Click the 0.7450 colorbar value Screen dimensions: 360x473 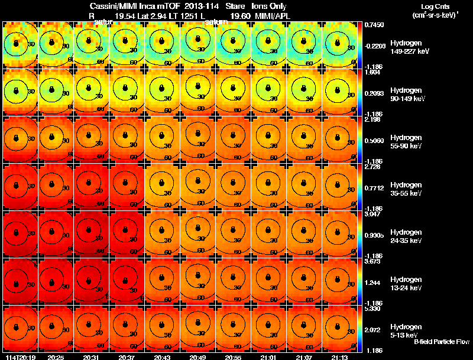374,24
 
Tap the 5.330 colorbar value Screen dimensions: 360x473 374,308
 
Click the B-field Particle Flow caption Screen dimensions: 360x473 442,342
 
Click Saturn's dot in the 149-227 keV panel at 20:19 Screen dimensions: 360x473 17,42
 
